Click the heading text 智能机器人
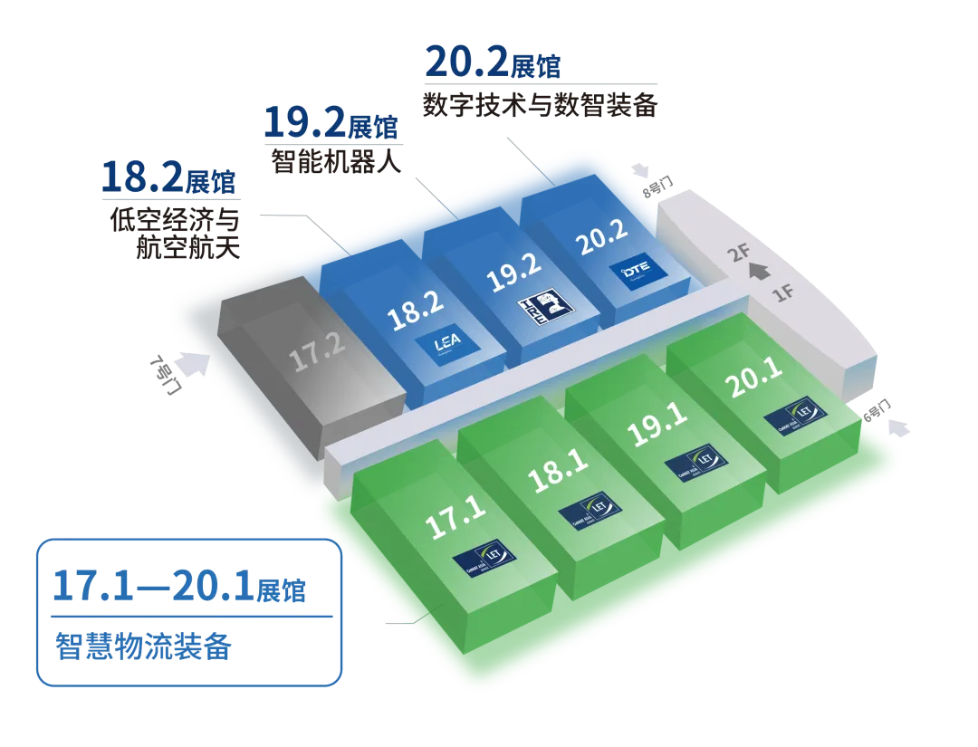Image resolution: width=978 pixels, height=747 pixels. tap(334, 159)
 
